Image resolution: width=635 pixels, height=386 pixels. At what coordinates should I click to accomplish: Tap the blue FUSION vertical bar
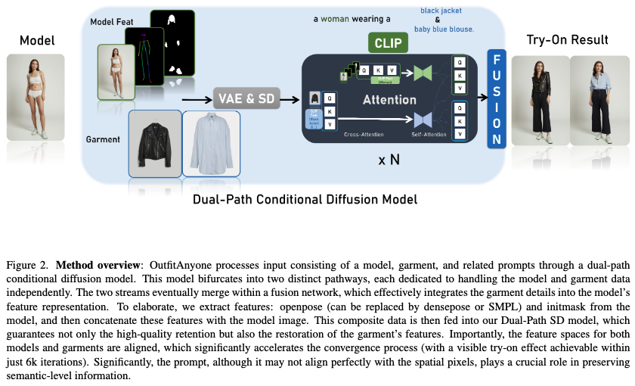(496, 98)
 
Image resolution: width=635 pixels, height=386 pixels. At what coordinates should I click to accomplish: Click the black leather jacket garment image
(155, 145)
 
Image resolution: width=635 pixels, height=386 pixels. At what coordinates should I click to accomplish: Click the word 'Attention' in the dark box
(389, 100)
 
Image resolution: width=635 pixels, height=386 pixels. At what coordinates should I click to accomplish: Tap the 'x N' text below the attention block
(389, 160)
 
